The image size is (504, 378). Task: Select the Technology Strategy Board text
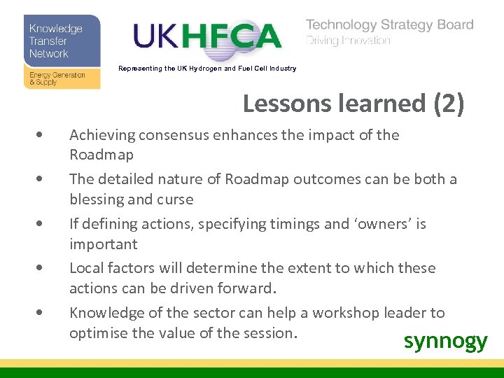click(x=390, y=25)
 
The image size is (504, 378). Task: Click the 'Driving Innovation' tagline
click(x=348, y=41)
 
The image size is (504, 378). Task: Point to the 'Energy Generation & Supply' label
click(x=57, y=78)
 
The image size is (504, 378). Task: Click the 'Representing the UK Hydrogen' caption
click(x=207, y=69)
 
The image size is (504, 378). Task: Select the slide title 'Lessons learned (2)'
click(x=353, y=104)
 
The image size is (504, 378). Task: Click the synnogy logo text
click(x=445, y=341)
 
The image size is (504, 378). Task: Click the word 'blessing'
click(x=97, y=199)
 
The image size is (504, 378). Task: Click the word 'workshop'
click(x=345, y=313)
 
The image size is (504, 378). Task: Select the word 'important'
click(x=104, y=244)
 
